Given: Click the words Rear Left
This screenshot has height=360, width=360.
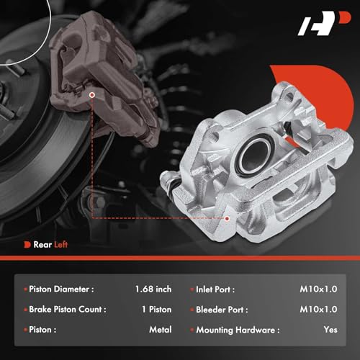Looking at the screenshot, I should pyautogui.click(x=51, y=244).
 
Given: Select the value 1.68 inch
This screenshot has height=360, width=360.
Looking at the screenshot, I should pyautogui.click(x=153, y=289).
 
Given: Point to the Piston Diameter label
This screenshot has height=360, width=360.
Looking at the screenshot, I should pyautogui.click(x=63, y=289).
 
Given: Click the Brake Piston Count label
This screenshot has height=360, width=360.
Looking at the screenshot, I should pyautogui.click(x=70, y=310).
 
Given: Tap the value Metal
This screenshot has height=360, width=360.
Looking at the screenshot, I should pyautogui.click(x=160, y=330).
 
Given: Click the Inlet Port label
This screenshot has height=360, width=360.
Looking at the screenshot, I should pyautogui.click(x=219, y=289).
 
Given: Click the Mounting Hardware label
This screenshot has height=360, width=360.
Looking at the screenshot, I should pyautogui.click(x=237, y=330).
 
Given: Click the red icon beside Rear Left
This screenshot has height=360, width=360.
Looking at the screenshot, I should pyautogui.click(x=27, y=244).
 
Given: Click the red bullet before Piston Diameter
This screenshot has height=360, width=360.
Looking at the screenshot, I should pyautogui.click(x=27, y=289).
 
